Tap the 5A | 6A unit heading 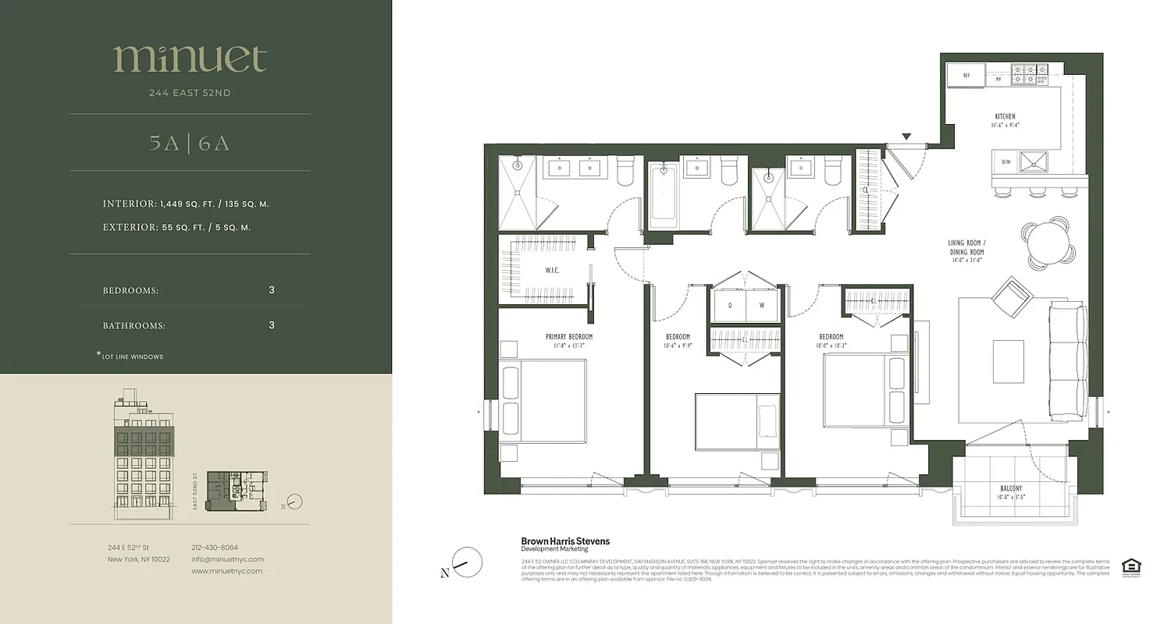[190, 144]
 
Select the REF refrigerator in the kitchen [966, 76]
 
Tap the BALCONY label [1011, 489]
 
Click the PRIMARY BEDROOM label [568, 337]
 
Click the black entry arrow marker [906, 137]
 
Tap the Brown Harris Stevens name [565, 541]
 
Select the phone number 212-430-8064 [215, 548]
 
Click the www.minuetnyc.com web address [226, 571]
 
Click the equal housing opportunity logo [1130, 567]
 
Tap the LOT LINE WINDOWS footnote [133, 356]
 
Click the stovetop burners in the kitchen [1029, 75]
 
